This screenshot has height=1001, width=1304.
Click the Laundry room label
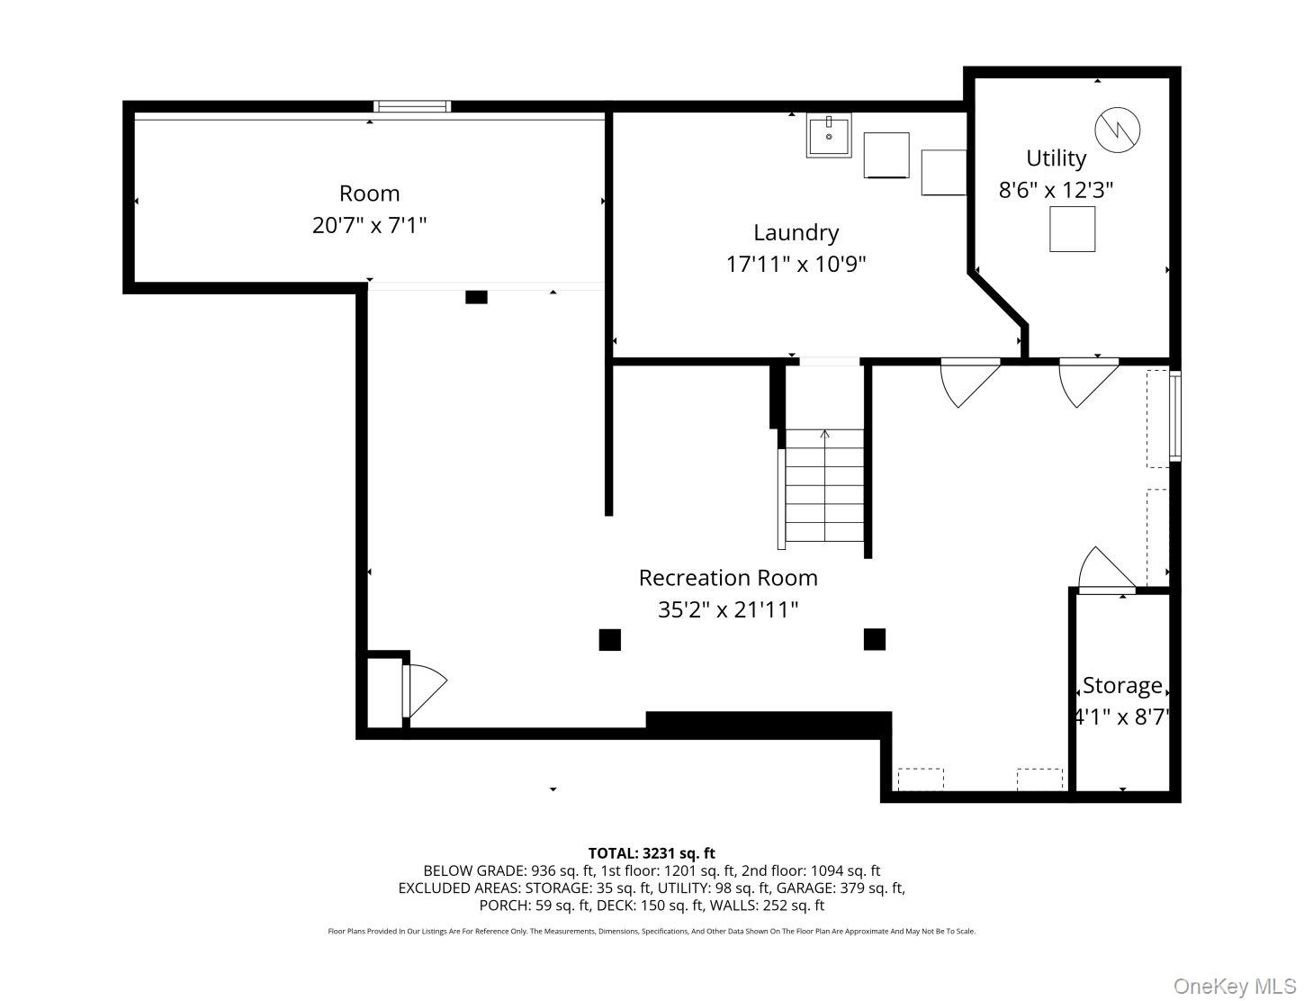tap(796, 232)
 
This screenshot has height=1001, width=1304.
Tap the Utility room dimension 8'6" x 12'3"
tap(1056, 190)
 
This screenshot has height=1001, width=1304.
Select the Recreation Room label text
tap(728, 577)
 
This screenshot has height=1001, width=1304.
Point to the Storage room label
tap(1121, 685)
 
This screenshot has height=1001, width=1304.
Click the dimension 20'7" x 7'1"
tap(369, 225)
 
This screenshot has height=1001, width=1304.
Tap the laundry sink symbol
tap(828, 136)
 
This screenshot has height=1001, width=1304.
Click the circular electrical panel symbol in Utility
tap(1117, 129)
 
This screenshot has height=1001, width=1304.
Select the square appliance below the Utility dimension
tap(1072, 229)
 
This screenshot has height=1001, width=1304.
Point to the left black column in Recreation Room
tap(610, 639)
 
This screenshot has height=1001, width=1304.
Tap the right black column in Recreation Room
tap(874, 639)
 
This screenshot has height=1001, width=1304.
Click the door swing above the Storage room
tap(1105, 570)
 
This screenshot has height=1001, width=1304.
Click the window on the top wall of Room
tap(412, 106)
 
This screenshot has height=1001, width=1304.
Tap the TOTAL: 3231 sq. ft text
tap(652, 853)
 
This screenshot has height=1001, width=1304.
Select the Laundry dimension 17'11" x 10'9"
tap(796, 265)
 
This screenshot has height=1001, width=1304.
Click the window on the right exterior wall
tap(1174, 417)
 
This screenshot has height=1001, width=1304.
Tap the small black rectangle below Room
tap(476, 297)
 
